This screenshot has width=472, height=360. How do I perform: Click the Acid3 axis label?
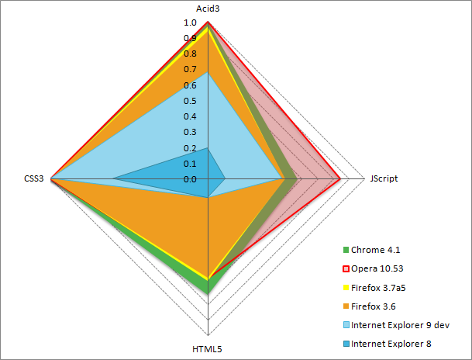(x=207, y=8)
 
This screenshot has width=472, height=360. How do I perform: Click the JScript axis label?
(x=384, y=178)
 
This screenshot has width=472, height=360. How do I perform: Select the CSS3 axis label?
(x=34, y=178)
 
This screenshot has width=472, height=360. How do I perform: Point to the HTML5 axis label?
(x=207, y=349)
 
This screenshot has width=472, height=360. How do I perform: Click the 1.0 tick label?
(x=190, y=22)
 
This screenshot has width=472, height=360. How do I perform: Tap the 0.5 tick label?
(x=190, y=101)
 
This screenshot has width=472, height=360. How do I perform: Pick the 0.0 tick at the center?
(x=190, y=179)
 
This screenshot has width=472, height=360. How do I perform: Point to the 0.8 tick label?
(x=190, y=54)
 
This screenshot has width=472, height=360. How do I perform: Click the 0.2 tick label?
(x=190, y=148)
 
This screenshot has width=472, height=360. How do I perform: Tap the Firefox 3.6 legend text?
(x=377, y=306)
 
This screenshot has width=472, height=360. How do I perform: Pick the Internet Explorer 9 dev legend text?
(x=400, y=324)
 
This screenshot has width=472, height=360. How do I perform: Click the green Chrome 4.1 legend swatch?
(x=346, y=250)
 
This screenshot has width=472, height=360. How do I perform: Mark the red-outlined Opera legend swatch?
(x=346, y=268)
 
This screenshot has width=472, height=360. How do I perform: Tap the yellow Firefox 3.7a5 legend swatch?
(x=346, y=287)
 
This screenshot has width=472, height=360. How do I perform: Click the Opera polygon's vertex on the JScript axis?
(x=340, y=178)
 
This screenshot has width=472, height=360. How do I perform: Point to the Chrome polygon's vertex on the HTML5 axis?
(x=207, y=293)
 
